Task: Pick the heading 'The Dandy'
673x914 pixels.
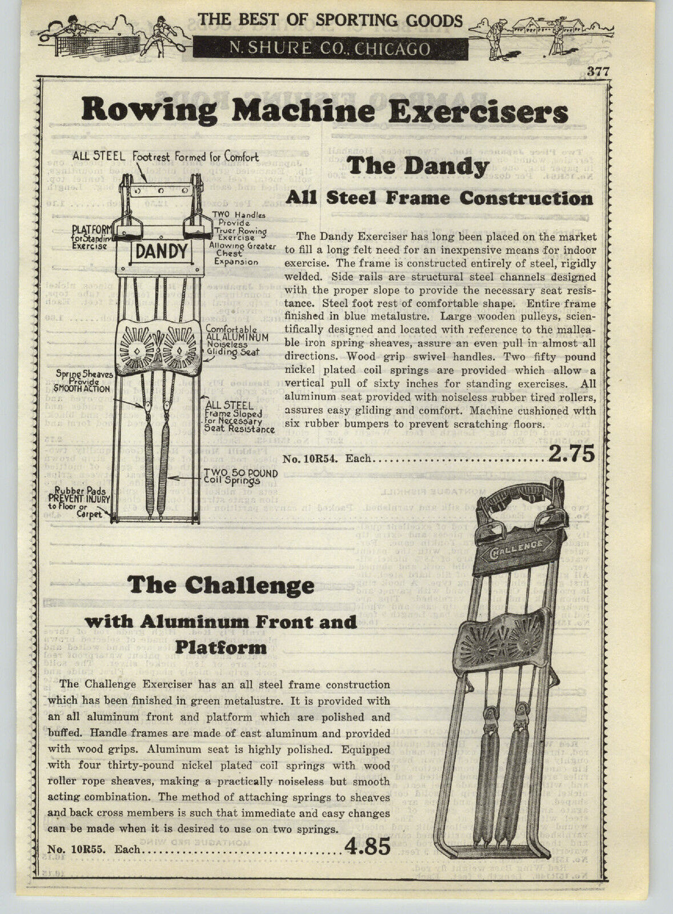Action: pos(418,167)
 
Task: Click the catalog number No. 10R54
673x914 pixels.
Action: pos(318,458)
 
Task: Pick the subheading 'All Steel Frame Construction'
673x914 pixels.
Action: pos(439,198)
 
